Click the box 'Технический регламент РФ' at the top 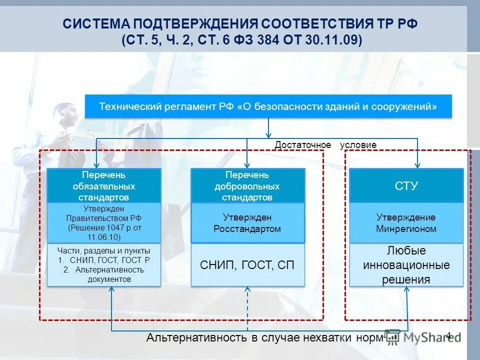(x=268, y=106)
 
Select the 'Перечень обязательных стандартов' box (x=104, y=185)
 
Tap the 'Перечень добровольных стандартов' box (x=248, y=185)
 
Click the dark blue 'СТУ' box (x=406, y=186)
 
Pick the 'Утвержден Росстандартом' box (x=248, y=223)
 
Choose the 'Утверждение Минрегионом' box (x=406, y=223)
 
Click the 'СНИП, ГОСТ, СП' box (x=248, y=265)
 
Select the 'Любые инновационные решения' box (x=406, y=265)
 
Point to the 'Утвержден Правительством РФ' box (x=104, y=222)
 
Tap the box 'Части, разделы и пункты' (x=104, y=265)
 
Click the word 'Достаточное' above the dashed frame (x=303, y=145)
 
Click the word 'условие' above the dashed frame (x=358, y=145)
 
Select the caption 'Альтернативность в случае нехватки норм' (x=265, y=338)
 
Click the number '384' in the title (x=268, y=40)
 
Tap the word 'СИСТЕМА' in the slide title (x=95, y=23)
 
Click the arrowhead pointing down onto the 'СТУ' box (x=418, y=165)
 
